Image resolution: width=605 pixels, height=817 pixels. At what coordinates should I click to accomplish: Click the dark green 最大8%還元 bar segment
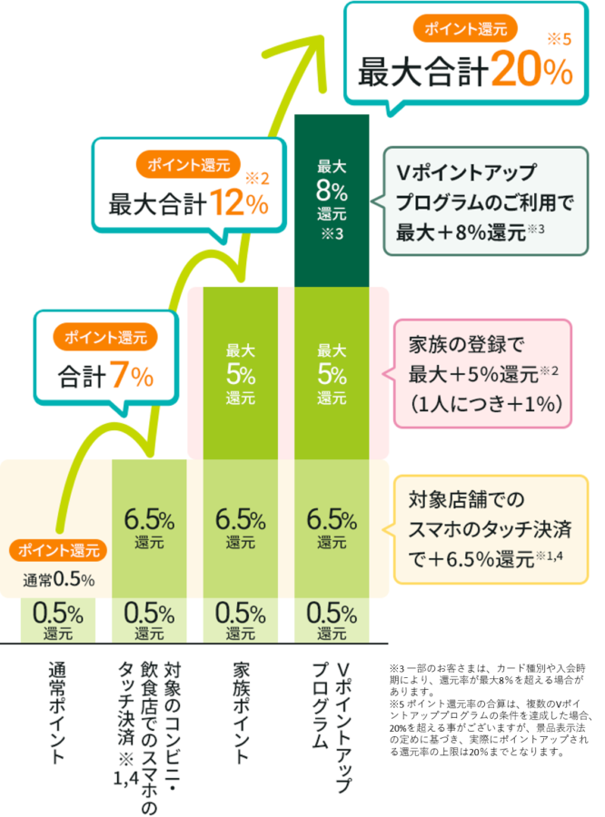click(x=332, y=200)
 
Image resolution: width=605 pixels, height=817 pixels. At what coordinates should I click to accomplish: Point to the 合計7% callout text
click(x=105, y=376)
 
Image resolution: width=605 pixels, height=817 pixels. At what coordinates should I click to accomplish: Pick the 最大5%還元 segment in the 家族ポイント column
click(x=240, y=373)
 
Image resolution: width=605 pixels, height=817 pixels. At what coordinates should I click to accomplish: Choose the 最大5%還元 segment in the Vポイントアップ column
click(x=332, y=373)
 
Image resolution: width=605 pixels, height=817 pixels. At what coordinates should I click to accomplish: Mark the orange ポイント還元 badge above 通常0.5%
click(x=59, y=550)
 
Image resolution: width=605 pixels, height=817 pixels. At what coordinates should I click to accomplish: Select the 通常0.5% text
click(x=58, y=578)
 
